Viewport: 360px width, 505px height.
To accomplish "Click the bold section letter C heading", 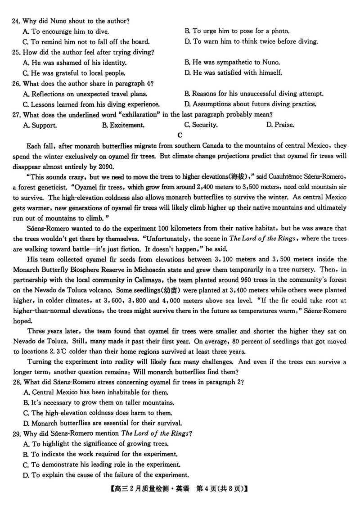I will point(180,135).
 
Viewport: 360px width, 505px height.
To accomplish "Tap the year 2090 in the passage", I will point(106,166).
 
